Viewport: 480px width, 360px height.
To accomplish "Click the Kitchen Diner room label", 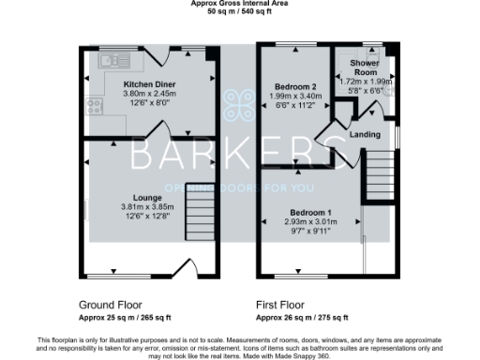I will pyautogui.click(x=150, y=84).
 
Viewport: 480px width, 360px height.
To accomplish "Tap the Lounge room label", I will pyautogui.click(x=150, y=198).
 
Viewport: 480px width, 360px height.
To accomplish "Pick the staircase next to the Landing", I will pyautogui.click(x=378, y=175).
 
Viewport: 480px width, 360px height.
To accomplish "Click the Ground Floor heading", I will pyautogui.click(x=117, y=306).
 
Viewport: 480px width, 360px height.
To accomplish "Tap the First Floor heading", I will pyautogui.click(x=282, y=306).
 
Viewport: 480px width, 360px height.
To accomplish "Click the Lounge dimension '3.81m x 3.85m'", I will pyautogui.click(x=150, y=207).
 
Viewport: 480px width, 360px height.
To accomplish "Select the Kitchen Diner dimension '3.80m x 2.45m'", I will pyautogui.click(x=150, y=94).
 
